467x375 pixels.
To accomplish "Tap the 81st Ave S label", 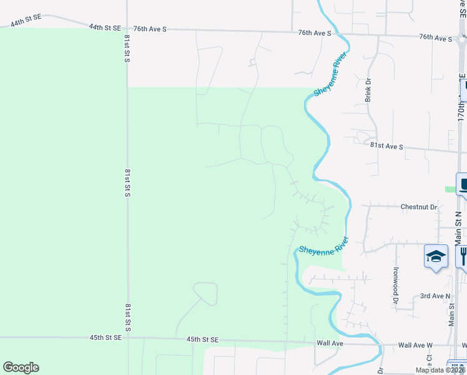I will point(386,146).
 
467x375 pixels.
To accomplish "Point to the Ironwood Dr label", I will point(395,281).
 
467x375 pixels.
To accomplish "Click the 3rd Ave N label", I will point(435,296).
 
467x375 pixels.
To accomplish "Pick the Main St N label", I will point(458,227).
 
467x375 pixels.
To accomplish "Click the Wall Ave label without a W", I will point(330,343).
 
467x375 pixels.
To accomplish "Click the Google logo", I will point(21,367).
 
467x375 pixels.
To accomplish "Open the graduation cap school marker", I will point(436,256).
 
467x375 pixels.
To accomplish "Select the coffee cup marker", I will point(463,184).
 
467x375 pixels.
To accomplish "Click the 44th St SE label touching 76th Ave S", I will point(104,27).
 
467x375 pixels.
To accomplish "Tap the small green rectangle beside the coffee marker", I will point(450,189).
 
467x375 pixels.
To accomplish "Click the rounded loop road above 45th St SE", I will point(205,293).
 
